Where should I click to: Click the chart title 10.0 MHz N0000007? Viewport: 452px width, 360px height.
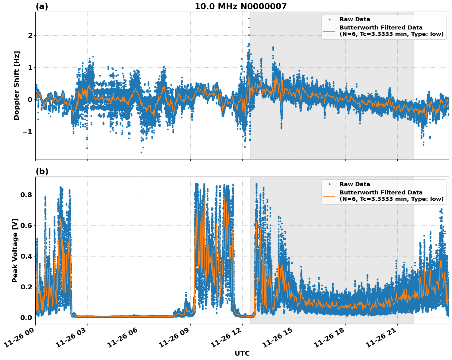coord(240,6)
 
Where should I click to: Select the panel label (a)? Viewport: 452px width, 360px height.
coord(42,6)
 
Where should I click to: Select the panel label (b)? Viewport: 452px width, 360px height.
coord(42,171)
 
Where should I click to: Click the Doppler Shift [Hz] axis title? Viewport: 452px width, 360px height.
coord(17,85)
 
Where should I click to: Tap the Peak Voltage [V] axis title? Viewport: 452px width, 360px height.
coord(15,250)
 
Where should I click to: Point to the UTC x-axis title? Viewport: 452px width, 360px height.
coord(242,353)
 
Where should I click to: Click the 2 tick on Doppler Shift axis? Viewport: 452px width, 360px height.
coord(30,36)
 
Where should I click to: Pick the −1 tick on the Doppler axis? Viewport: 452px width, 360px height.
coord(27,132)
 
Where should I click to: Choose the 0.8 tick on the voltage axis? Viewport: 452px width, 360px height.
coord(27,195)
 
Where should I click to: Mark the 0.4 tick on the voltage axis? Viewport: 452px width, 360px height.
coord(27,256)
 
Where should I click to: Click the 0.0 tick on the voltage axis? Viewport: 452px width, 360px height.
coord(27,318)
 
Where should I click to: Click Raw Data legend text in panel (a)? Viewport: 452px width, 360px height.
coord(355,19)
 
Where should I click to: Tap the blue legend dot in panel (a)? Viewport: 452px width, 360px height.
coord(329,19)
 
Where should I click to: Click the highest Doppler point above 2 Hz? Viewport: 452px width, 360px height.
coord(249,18)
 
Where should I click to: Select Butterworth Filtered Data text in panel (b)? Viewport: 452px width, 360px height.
coord(381,193)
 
